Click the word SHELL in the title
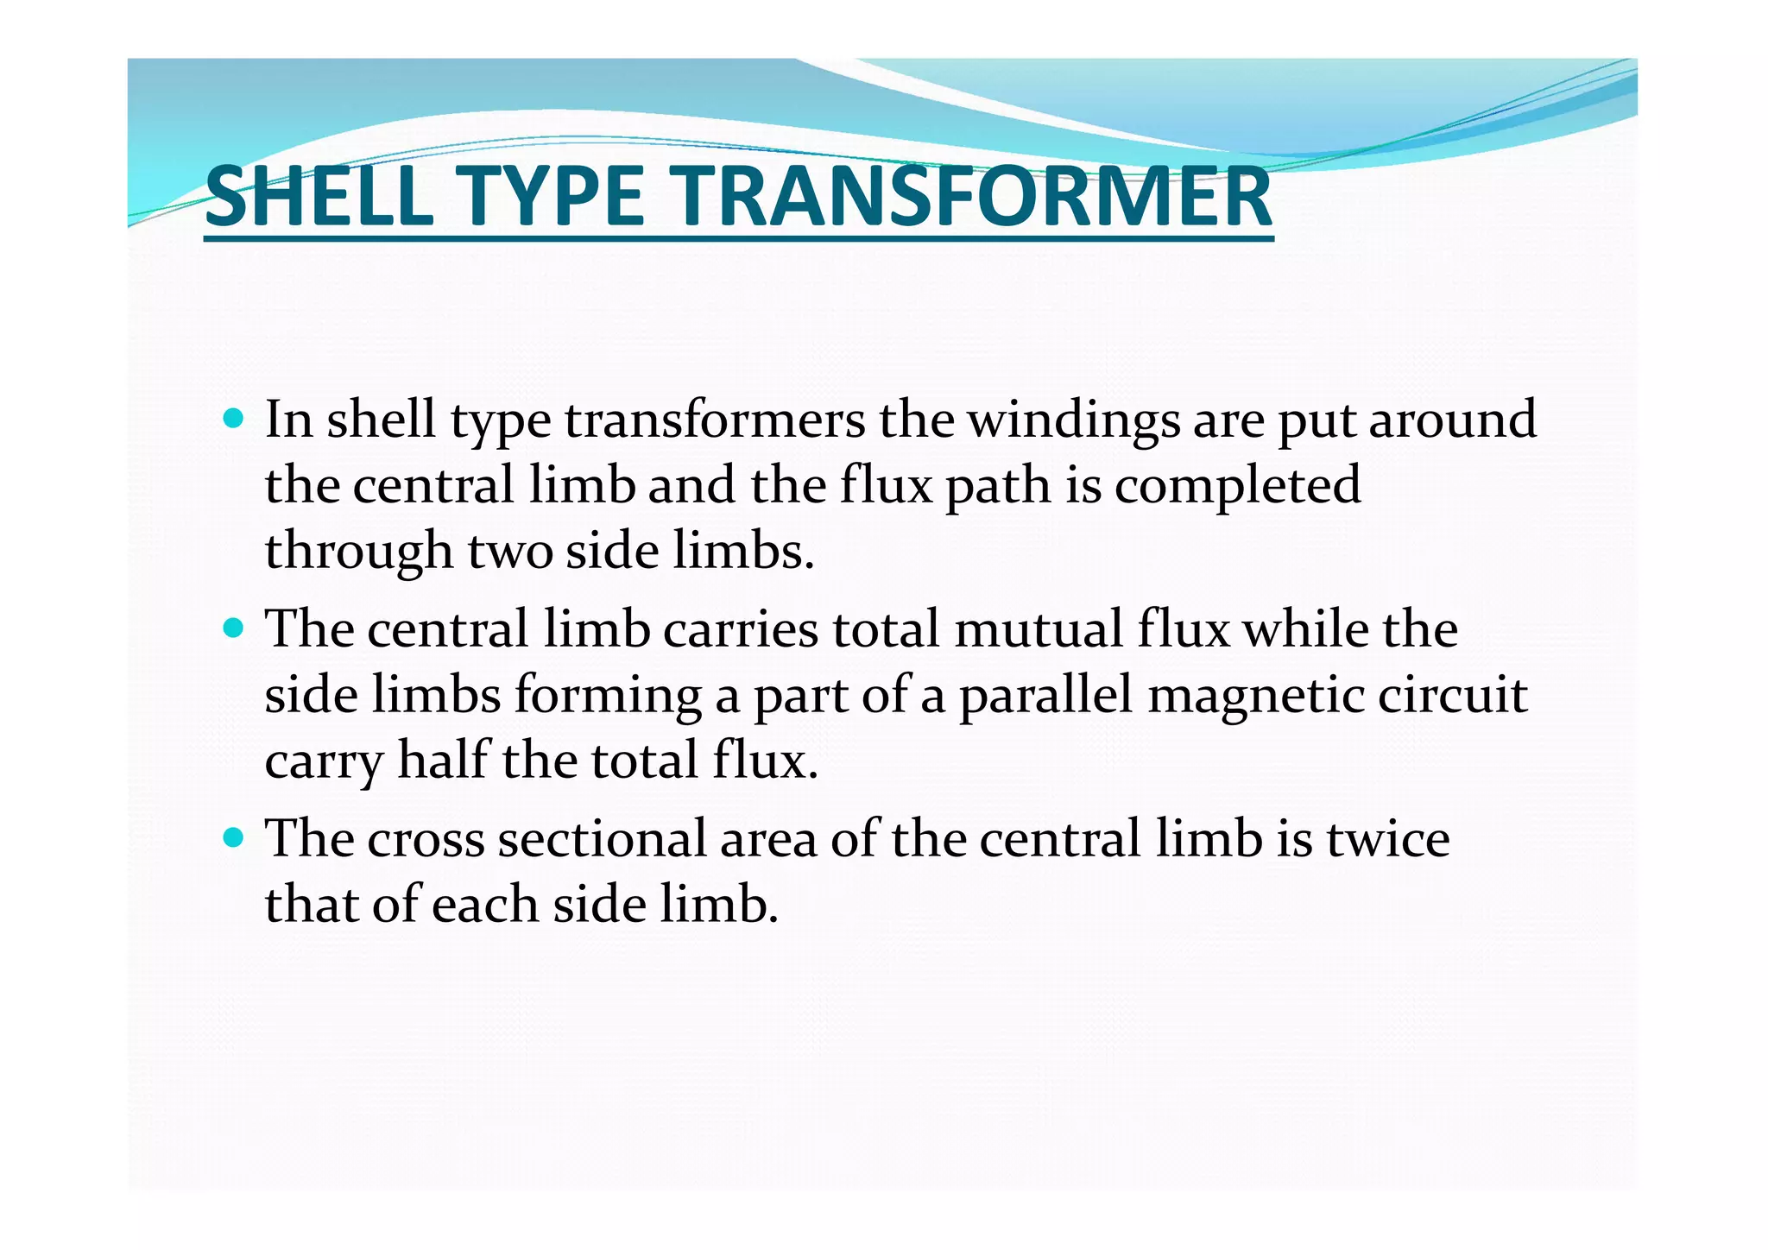[319, 196]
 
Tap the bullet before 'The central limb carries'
[233, 628]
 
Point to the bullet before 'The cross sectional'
[233, 837]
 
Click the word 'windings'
[1072, 421]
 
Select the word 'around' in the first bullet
[1452, 420]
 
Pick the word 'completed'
[1237, 486]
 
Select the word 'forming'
[608, 696]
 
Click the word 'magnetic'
[1255, 696]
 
